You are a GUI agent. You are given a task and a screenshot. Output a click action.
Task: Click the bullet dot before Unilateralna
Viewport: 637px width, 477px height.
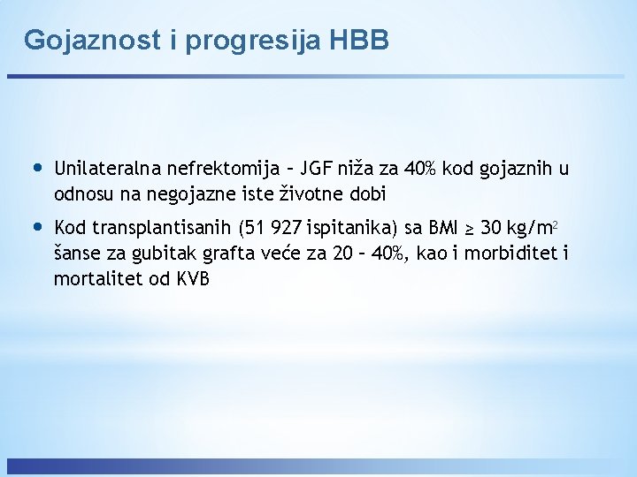tap(36, 168)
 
